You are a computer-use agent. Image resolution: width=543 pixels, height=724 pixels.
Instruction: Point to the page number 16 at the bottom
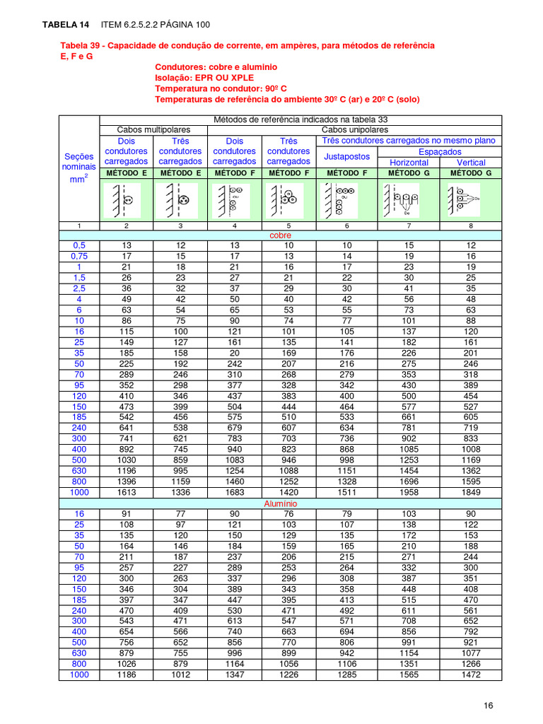tap(489, 706)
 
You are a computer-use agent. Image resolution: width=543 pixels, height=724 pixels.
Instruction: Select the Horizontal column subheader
tap(409, 162)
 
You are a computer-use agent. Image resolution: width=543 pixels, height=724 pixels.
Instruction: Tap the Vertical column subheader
tap(471, 162)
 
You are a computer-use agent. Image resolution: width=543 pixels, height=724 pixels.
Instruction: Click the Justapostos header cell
tap(346, 156)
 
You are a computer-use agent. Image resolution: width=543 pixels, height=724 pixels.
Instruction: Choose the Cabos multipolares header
tap(153, 130)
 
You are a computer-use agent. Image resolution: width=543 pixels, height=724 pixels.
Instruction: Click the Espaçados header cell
tap(440, 151)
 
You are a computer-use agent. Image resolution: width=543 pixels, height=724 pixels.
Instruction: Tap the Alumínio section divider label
tap(281, 503)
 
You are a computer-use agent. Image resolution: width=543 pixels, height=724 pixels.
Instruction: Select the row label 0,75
tap(78, 256)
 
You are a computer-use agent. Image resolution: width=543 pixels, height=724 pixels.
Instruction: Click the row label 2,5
tap(78, 288)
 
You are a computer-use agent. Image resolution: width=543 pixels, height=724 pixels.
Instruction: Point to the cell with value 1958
tap(409, 493)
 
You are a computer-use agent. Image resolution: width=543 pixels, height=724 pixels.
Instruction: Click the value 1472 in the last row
tap(471, 675)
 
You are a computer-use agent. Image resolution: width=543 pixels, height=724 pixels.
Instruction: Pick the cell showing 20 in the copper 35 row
tap(235, 353)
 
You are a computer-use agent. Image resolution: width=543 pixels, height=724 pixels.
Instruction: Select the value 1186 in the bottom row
tap(126, 675)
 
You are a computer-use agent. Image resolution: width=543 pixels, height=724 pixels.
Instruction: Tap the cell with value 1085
tap(409, 450)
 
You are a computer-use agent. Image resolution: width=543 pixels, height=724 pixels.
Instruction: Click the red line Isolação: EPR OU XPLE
tap(204, 77)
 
